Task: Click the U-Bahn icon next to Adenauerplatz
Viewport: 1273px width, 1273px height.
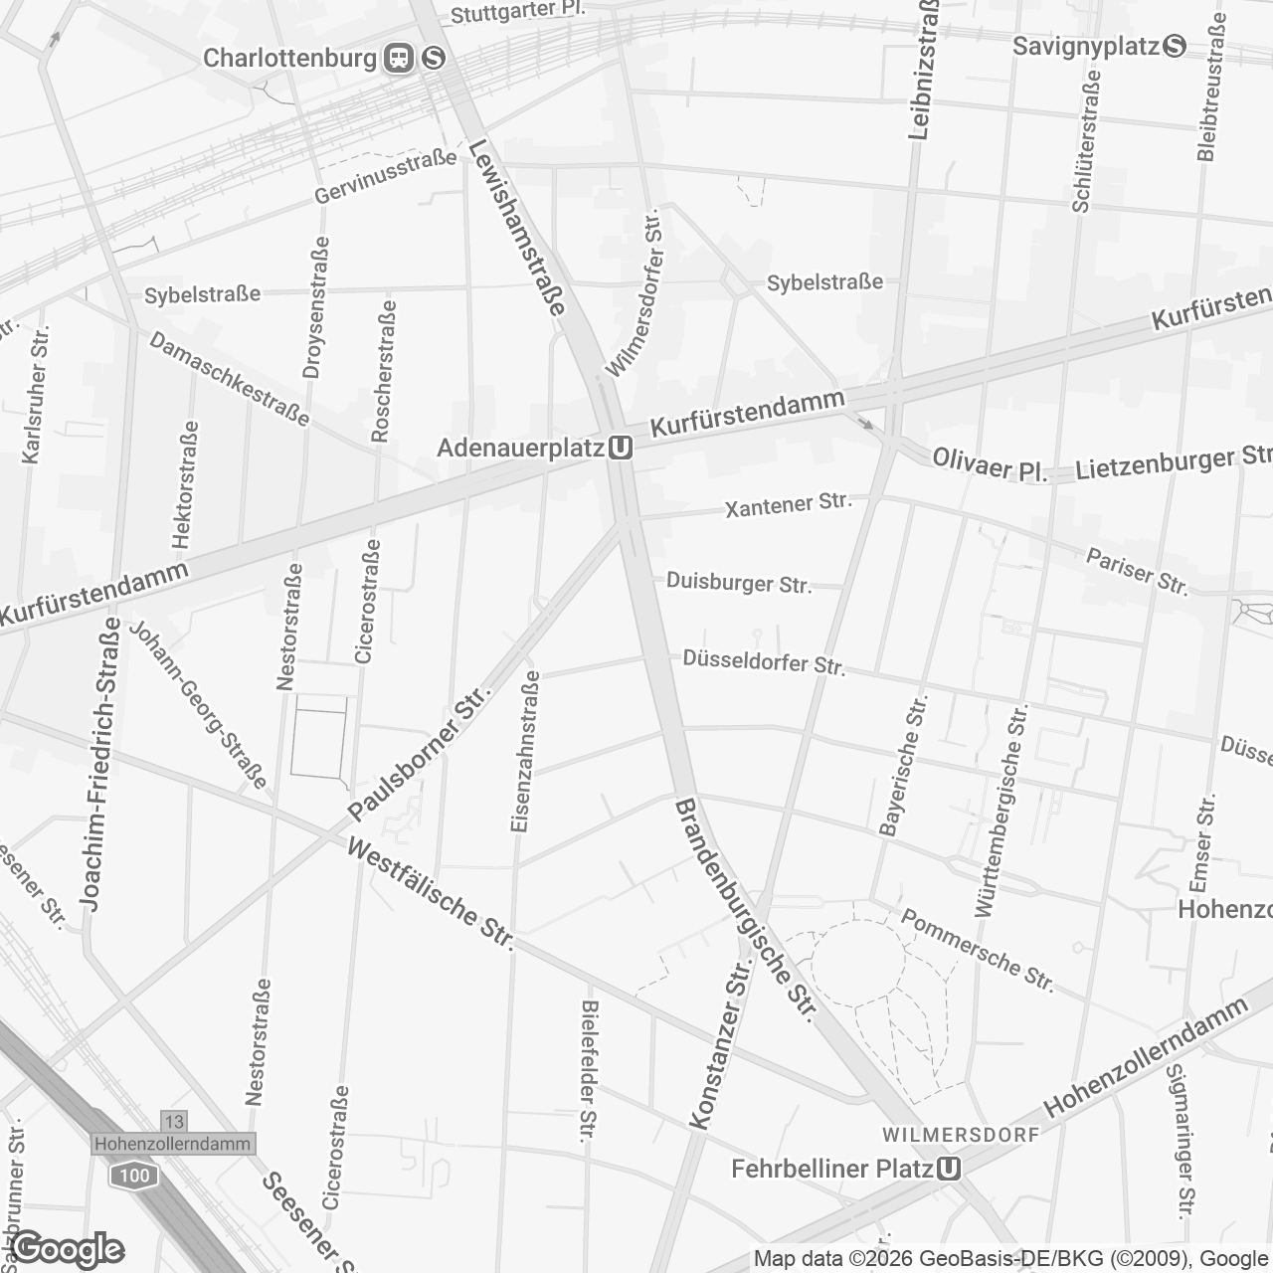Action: pyautogui.click(x=621, y=449)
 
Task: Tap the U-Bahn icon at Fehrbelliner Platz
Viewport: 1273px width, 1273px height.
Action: pyautogui.click(x=949, y=1169)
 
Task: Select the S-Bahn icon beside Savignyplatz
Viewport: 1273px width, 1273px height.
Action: pyautogui.click(x=1175, y=46)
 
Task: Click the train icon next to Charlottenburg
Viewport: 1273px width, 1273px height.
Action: pyautogui.click(x=400, y=58)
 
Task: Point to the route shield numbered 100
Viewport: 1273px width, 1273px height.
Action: pyautogui.click(x=133, y=1176)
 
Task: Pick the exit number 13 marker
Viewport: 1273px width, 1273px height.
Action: pyautogui.click(x=173, y=1121)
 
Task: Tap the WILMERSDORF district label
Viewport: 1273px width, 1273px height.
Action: pyautogui.click(x=961, y=1135)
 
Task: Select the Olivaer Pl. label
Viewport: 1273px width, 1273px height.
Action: pyautogui.click(x=990, y=465)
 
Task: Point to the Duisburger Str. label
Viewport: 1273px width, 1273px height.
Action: pyautogui.click(x=739, y=583)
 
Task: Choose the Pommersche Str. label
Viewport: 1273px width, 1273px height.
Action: pyautogui.click(x=977, y=950)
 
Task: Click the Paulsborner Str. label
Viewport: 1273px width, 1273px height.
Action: pyautogui.click(x=421, y=754)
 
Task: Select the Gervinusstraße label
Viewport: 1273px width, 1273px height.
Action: pyautogui.click(x=386, y=176)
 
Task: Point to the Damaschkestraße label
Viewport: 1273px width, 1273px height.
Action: pyautogui.click(x=230, y=378)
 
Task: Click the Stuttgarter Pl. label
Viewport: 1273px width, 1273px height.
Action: pyautogui.click(x=518, y=12)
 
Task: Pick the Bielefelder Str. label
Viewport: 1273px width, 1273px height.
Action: pyautogui.click(x=589, y=1070)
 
